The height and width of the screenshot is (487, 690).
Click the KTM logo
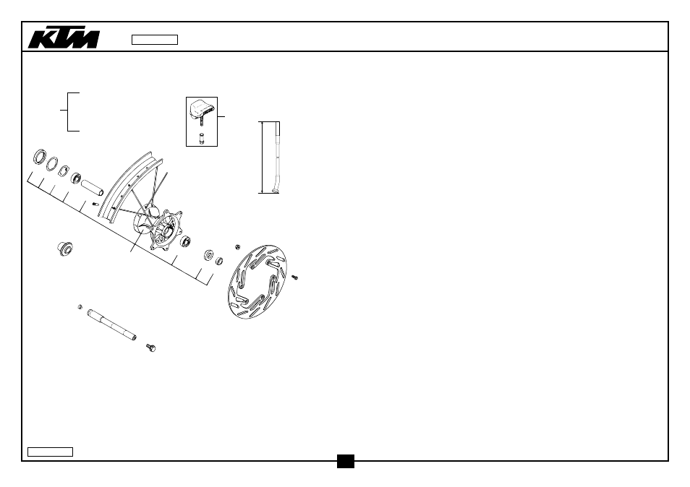(64, 38)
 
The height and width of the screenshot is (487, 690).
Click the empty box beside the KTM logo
(155, 40)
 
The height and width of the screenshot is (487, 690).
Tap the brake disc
(257, 282)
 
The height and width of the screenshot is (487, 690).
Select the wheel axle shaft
(112, 325)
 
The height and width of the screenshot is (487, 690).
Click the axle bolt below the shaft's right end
(151, 348)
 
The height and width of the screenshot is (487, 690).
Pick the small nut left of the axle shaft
(80, 307)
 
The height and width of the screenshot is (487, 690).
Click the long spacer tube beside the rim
(93, 187)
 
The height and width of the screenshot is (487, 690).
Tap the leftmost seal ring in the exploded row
(40, 157)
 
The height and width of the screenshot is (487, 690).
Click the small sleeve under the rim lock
(202, 138)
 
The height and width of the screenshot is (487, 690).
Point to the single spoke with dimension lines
(277, 158)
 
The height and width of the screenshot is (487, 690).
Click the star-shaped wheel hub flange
(166, 230)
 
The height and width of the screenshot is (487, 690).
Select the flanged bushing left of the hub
(65, 249)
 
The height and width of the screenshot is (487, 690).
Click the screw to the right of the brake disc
(295, 277)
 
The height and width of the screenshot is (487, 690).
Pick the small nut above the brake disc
(238, 247)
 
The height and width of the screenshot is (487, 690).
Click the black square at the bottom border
(346, 461)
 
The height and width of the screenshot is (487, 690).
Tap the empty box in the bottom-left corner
(50, 452)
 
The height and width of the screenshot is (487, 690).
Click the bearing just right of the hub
(185, 241)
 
